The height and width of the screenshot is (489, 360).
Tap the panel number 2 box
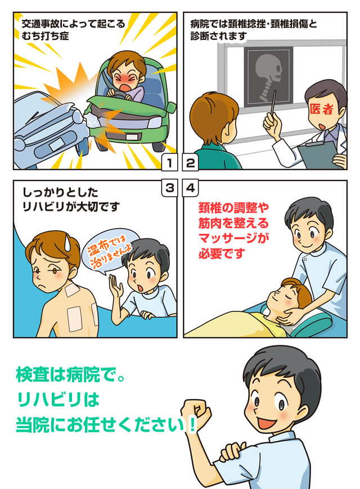[190, 164]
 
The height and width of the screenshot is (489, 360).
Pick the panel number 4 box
[190, 188]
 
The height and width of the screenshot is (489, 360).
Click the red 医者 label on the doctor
[321, 108]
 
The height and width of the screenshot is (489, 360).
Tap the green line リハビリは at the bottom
[58, 400]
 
